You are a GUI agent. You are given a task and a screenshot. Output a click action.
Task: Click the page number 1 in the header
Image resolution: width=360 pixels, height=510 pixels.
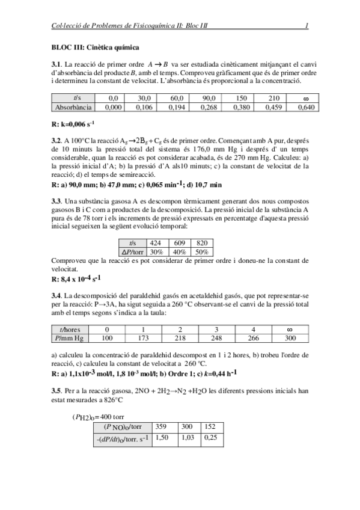click(307, 26)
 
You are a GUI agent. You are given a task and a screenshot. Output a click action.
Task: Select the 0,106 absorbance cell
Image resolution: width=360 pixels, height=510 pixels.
click(144, 108)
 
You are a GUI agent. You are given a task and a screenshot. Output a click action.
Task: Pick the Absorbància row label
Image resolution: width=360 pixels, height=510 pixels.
click(73, 108)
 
